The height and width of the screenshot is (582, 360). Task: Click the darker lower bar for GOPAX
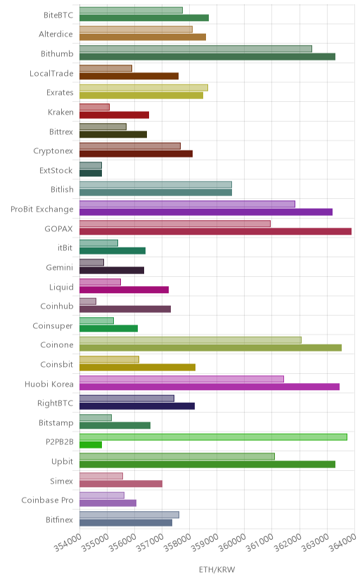point(215,232)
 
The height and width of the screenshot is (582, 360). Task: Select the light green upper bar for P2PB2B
point(213,437)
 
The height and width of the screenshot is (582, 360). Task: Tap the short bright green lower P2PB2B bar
point(91,445)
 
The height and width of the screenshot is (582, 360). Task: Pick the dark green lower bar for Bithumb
point(207,56)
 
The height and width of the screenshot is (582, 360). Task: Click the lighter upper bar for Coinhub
point(88,301)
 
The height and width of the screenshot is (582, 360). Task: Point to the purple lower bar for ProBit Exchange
point(205,212)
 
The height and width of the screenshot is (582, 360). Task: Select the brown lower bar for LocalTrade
point(129,76)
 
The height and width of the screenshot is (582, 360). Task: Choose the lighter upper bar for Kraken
point(94,107)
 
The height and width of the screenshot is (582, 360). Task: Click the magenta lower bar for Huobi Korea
point(210,387)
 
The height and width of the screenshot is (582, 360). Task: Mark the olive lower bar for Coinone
point(210,348)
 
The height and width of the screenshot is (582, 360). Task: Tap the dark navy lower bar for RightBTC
point(137,406)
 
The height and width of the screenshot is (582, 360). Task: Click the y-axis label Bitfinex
point(59,519)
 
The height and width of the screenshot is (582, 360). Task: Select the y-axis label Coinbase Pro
point(48,500)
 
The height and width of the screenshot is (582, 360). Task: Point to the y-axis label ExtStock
point(56,170)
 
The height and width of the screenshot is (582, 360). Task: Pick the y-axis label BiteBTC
point(58,15)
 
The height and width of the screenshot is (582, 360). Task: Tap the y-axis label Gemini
point(59,267)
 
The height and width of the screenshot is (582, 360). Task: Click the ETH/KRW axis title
point(217,570)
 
